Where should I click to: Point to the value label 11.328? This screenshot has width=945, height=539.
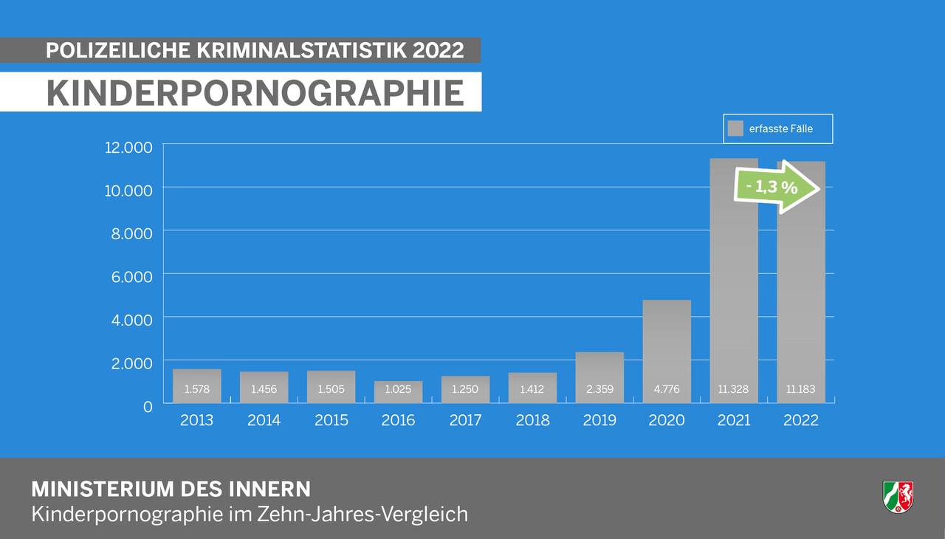734,389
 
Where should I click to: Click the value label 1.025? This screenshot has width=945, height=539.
398,389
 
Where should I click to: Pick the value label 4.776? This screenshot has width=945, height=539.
667,389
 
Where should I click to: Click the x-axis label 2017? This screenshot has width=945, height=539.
465,420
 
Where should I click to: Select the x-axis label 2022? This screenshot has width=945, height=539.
801,420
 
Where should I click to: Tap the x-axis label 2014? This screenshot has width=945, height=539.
264,420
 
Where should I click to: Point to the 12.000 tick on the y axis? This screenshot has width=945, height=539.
128,147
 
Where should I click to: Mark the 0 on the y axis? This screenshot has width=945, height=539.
148,405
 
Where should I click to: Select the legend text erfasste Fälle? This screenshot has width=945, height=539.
780,128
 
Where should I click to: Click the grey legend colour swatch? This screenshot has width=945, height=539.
735,128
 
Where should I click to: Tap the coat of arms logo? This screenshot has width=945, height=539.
898,496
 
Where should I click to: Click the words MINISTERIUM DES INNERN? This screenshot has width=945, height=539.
171,489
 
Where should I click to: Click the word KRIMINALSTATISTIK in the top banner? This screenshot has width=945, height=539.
302,50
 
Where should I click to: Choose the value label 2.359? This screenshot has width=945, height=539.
599,389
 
